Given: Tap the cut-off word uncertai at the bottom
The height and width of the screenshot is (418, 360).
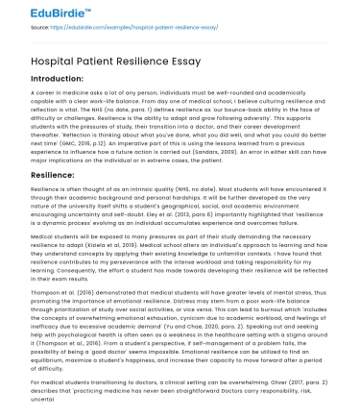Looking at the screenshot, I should (x=52, y=409).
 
